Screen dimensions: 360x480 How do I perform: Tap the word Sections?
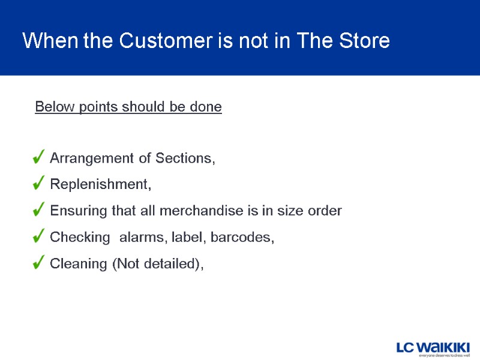(185, 158)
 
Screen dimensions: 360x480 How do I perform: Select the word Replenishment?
(100, 185)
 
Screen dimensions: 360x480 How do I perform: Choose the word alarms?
(143, 238)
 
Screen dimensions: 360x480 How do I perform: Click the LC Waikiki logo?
(433, 346)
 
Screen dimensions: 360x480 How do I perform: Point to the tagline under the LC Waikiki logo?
(443, 355)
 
